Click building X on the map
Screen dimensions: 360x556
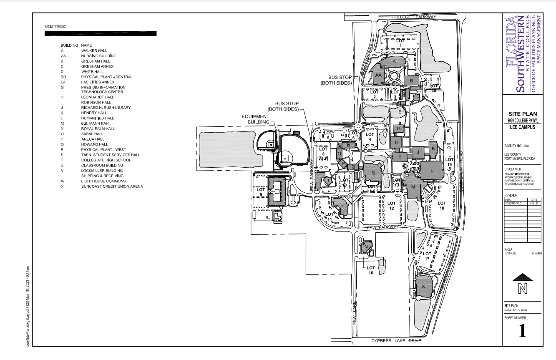click(423, 286)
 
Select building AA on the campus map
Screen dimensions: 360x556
click(378, 75)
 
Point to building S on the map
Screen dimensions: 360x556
click(373, 173)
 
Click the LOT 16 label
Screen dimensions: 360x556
click(370, 270)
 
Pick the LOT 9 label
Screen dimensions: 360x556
click(261, 192)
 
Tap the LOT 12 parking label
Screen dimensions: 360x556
click(391, 206)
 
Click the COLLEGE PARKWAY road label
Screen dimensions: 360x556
click(414, 17)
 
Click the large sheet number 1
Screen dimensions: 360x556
click(522, 330)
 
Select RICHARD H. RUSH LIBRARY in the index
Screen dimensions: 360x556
click(106, 108)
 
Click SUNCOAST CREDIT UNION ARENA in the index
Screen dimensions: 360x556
click(112, 186)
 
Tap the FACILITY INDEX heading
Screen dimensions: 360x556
click(55, 27)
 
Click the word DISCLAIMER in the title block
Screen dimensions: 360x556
click(513, 169)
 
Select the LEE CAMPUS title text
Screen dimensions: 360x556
click(522, 127)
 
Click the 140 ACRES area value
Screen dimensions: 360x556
click(536, 254)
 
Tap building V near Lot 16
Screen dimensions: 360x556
click(367, 247)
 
